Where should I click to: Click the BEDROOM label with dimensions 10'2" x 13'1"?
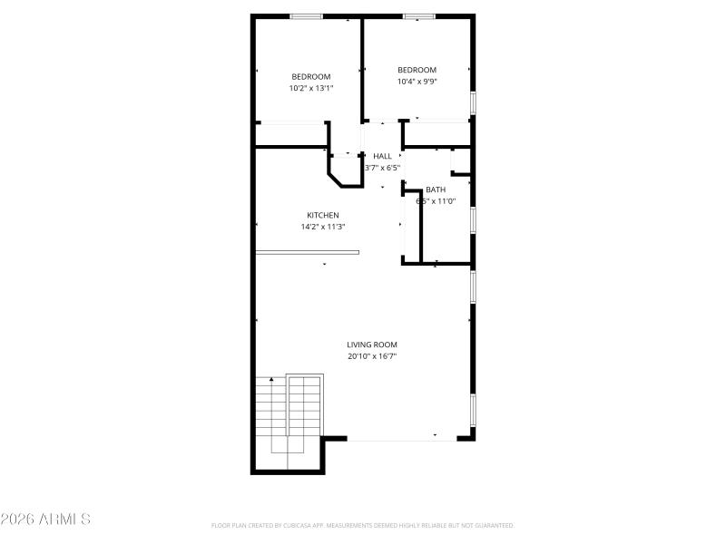[310, 76]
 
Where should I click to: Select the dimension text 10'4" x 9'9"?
[417, 82]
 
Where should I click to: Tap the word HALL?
[382, 156]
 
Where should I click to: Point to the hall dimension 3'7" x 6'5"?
[382, 168]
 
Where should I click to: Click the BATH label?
[436, 189]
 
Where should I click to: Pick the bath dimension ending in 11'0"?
[436, 201]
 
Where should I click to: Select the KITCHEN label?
[322, 215]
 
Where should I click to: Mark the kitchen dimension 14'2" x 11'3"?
[322, 227]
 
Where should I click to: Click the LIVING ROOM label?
[372, 345]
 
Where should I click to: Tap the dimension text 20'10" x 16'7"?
[372, 356]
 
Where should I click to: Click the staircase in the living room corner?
[289, 422]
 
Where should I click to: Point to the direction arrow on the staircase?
[270, 379]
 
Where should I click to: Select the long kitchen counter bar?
[307, 252]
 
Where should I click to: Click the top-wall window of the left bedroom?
[306, 15]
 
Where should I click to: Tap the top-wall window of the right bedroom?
[417, 15]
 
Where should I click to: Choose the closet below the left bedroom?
[290, 134]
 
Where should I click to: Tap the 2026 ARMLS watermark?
[45, 520]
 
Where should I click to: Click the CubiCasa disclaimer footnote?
[362, 525]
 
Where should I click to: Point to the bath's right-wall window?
[473, 220]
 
